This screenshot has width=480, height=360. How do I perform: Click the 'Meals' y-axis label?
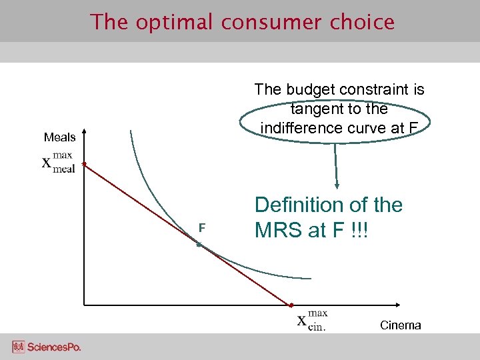point(60,137)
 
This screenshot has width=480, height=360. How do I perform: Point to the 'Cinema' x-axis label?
point(400,325)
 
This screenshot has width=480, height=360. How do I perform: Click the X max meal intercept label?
point(58,162)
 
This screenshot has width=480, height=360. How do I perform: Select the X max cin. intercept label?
point(311,320)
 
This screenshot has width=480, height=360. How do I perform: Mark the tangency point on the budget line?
point(199,245)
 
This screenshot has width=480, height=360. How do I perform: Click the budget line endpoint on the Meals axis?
point(83,163)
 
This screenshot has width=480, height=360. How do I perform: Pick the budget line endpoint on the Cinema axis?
point(290,305)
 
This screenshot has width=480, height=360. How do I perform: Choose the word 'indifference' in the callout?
point(301,127)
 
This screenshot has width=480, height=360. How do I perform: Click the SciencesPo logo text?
point(54,347)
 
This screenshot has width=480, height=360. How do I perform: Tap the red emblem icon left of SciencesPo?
point(18,347)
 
